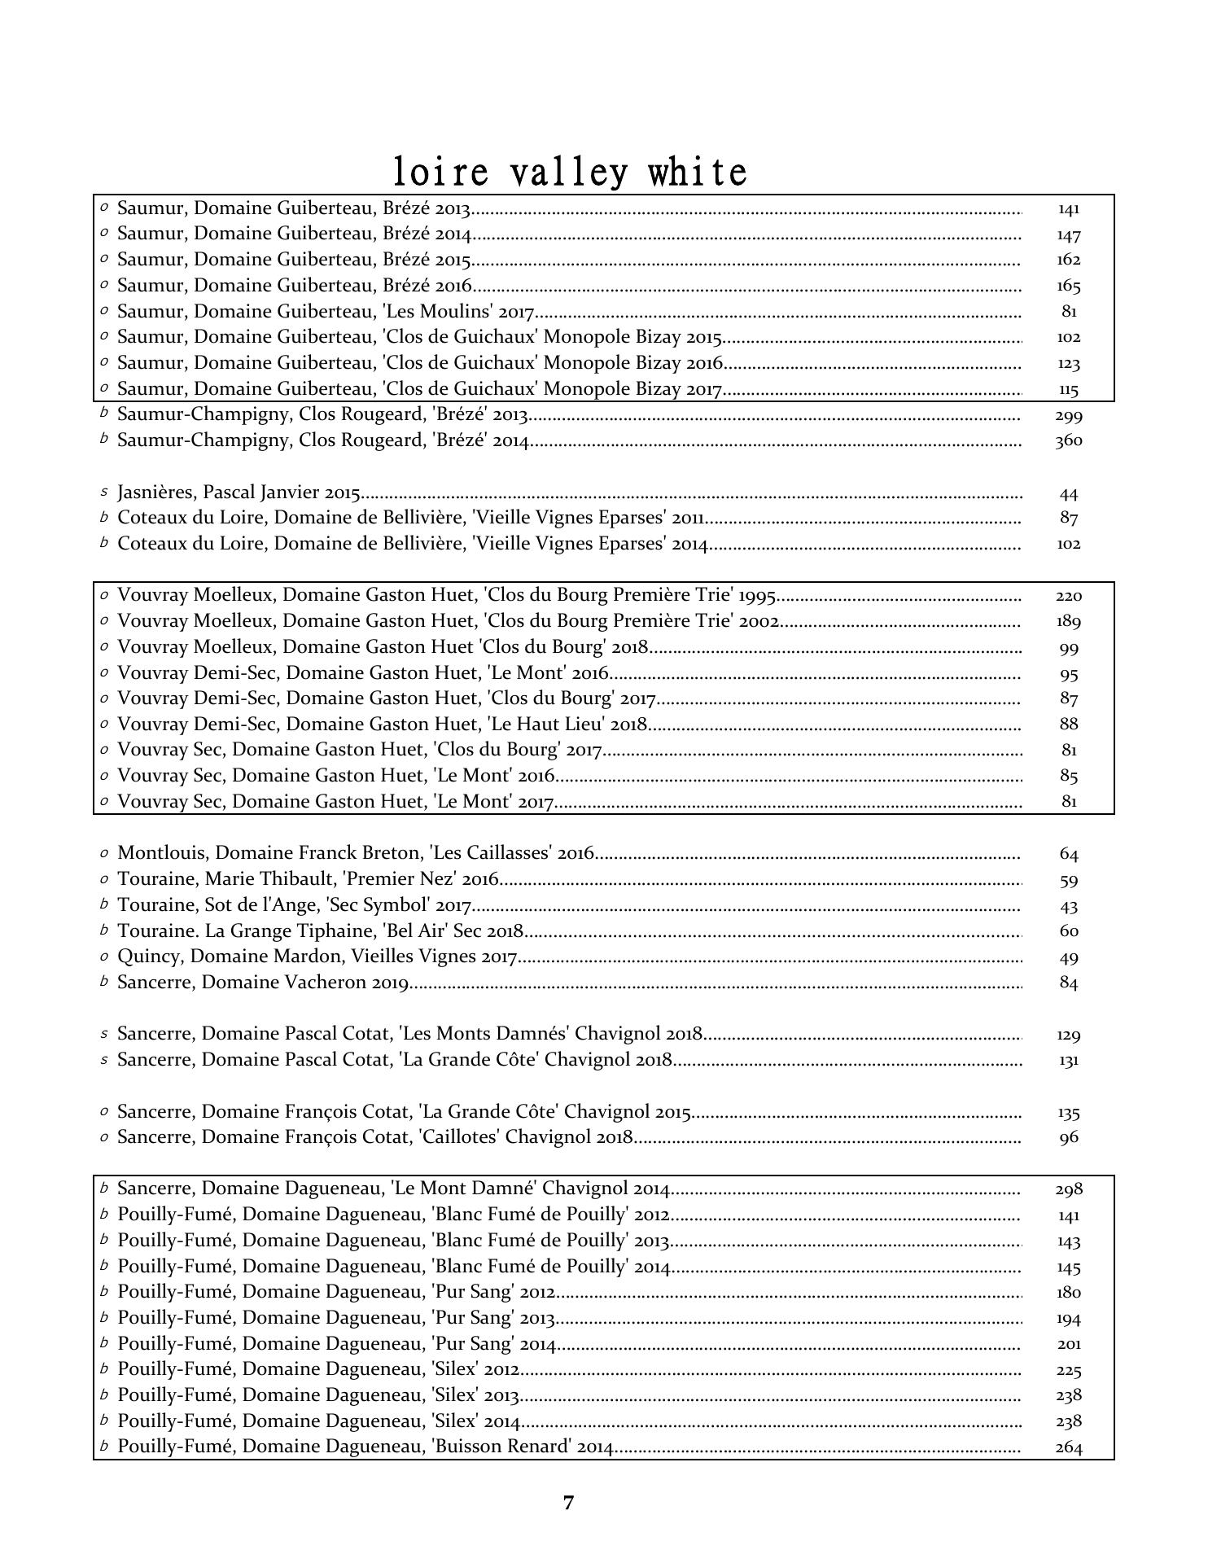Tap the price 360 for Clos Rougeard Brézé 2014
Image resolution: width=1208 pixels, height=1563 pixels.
[1068, 441]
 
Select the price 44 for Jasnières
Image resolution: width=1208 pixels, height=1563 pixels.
[1068, 494]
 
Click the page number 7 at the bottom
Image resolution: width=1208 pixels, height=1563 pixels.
[568, 1503]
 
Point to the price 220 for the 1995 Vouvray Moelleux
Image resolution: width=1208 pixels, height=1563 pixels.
[1068, 597]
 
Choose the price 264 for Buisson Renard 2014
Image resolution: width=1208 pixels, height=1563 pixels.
[1068, 1448]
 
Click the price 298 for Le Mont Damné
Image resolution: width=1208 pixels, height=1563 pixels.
[1068, 1190]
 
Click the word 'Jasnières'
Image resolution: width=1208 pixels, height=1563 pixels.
[157, 493]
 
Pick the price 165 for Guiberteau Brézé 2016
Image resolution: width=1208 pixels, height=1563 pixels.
[1068, 287]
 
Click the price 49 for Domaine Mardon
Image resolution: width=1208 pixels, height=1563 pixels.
[1068, 958]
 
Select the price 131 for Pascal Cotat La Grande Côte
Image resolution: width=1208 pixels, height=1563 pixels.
[1068, 1061]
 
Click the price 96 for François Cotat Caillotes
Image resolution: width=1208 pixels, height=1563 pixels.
[1068, 1138]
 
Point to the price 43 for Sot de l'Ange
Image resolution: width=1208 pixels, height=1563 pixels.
[1068, 907]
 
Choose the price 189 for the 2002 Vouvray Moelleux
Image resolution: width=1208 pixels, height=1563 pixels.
[1068, 622]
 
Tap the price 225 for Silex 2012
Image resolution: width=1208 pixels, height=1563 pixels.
[1068, 1371]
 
